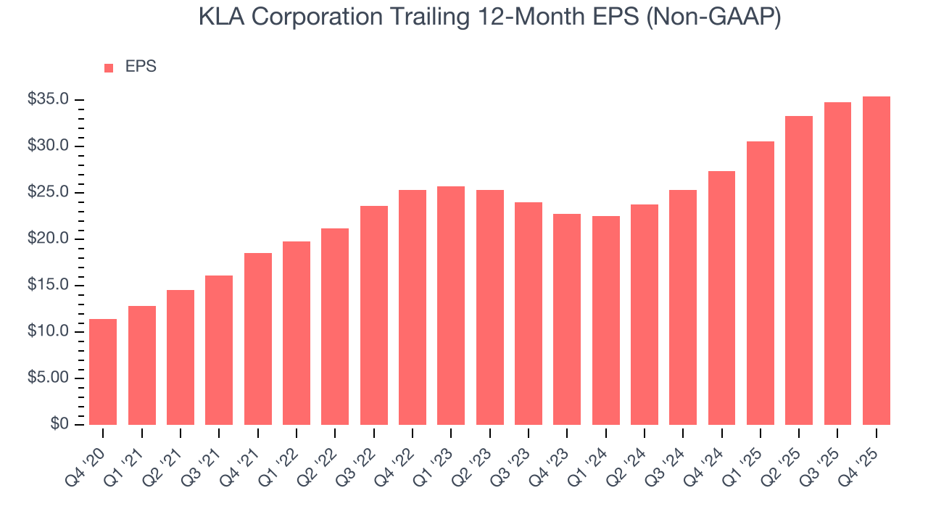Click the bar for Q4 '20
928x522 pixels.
click(103, 372)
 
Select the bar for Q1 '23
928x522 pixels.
click(451, 305)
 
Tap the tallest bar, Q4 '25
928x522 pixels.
click(876, 260)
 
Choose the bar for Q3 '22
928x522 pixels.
click(373, 315)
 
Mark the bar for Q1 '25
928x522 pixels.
click(760, 283)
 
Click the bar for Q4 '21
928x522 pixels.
click(257, 339)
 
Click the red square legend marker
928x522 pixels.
click(109, 67)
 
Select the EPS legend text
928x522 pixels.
click(141, 67)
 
